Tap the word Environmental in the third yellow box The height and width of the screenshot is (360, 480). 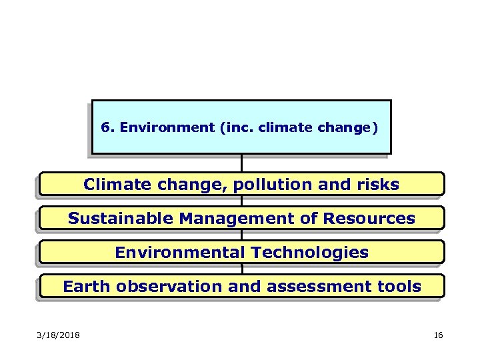[180, 253]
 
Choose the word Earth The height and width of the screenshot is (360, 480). [87, 287]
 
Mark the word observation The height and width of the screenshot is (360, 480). [171, 287]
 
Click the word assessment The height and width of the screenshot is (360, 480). [321, 287]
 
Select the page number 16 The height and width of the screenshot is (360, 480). [438, 335]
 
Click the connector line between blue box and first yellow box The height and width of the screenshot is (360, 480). [241, 163]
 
